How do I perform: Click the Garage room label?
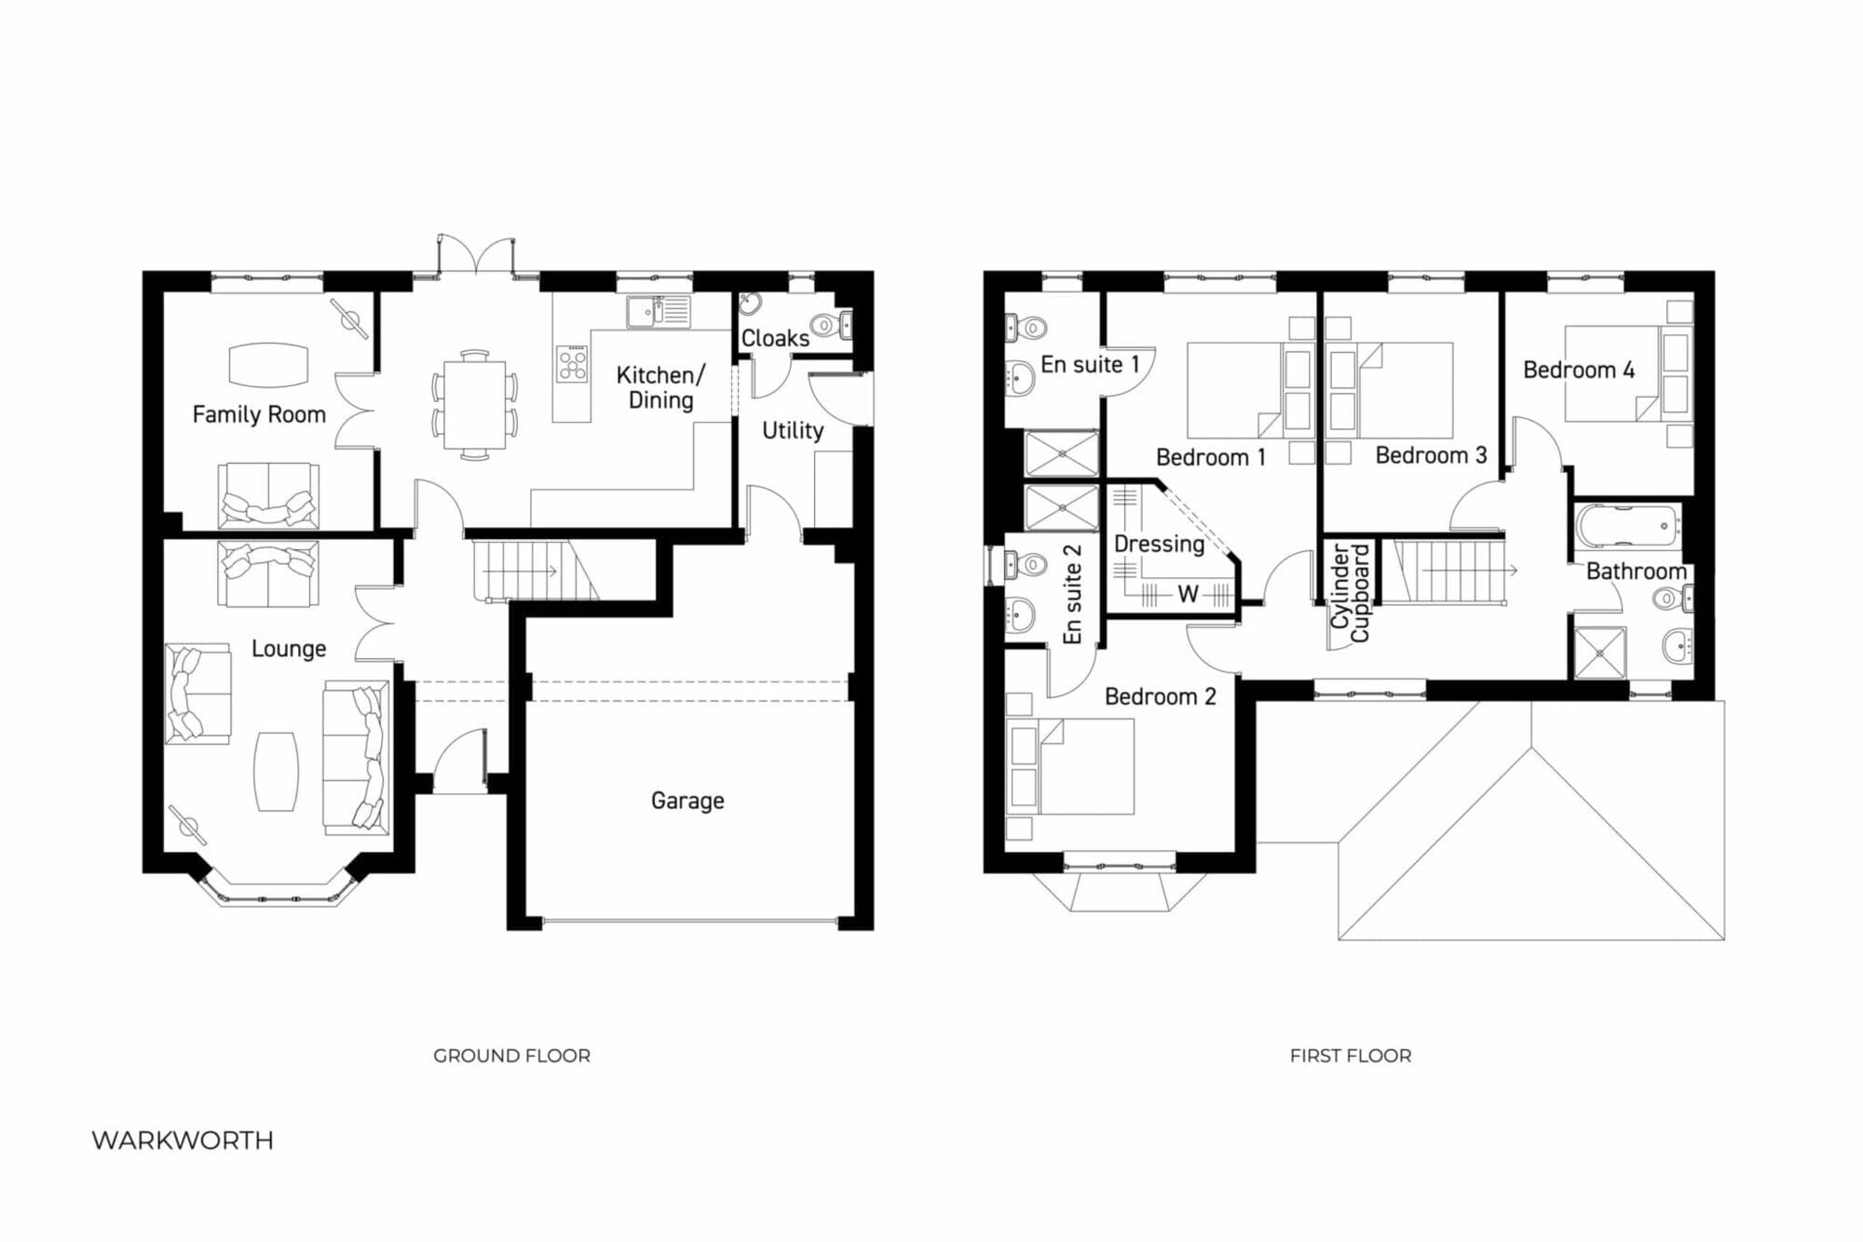687,801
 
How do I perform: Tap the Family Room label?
259,414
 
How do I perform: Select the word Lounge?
289,649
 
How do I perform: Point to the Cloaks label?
775,338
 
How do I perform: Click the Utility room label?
793,431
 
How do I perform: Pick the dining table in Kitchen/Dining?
475,405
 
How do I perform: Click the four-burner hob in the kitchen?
572,364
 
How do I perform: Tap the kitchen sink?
658,312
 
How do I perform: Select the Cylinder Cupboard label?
1350,593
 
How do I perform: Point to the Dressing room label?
1159,544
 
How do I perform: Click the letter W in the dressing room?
1188,594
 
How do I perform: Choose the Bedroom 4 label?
1579,370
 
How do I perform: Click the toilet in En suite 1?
1026,328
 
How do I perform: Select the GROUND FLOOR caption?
511,1056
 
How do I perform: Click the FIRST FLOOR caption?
1351,1056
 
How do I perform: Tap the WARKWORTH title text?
183,1141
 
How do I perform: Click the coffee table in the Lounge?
276,771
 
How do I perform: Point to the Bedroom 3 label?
1431,455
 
